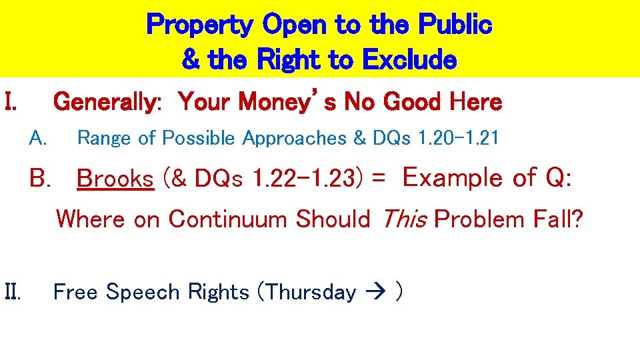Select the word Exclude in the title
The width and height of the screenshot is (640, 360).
click(x=410, y=60)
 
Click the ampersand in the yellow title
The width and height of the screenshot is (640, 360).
click(x=191, y=60)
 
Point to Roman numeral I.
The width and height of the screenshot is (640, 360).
click(x=11, y=102)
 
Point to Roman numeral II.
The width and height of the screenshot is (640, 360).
click(x=13, y=292)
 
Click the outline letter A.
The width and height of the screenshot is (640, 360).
click(x=38, y=138)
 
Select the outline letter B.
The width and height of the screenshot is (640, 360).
click(x=41, y=179)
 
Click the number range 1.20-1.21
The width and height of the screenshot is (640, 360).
click(x=457, y=138)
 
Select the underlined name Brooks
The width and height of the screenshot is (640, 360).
click(x=115, y=179)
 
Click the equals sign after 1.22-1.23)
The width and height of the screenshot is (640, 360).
click(x=379, y=179)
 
